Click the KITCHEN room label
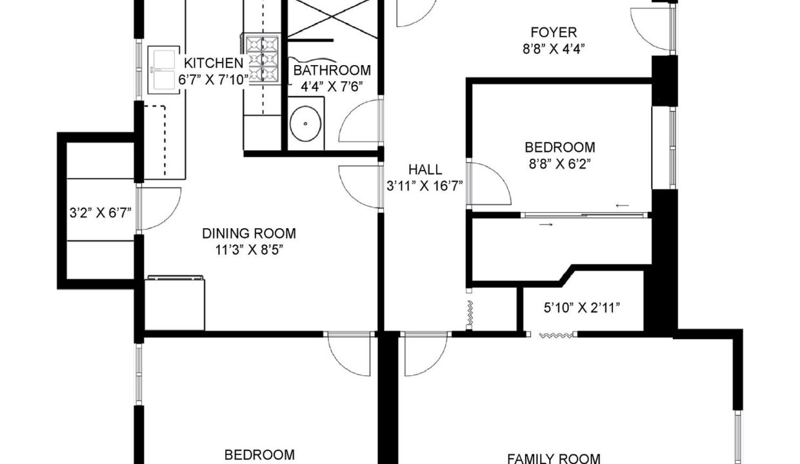click(x=214, y=63)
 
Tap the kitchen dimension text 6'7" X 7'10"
click(x=214, y=80)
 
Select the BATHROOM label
click(x=332, y=70)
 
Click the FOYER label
click(x=554, y=32)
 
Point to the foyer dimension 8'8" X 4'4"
click(x=554, y=49)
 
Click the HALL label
click(x=425, y=169)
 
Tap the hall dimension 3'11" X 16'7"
click(x=425, y=186)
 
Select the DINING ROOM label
click(x=249, y=233)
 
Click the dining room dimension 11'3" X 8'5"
click(x=249, y=250)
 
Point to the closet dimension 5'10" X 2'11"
click(x=581, y=307)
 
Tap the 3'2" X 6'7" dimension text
click(x=101, y=213)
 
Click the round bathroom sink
click(x=305, y=124)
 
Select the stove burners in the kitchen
click(x=262, y=59)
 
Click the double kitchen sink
click(x=164, y=70)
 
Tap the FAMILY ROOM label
click(x=554, y=458)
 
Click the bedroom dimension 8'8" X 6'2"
click(x=559, y=164)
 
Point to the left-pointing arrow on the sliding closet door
click(x=622, y=206)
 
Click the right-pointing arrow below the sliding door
click(x=546, y=224)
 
